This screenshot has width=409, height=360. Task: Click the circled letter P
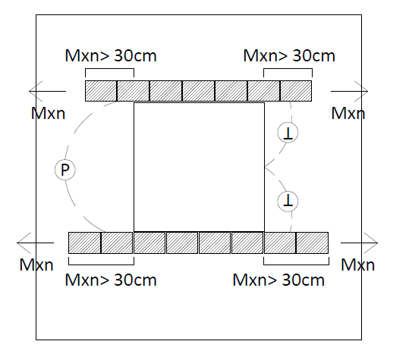[x=65, y=170]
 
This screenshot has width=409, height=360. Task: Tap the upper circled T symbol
[x=288, y=133]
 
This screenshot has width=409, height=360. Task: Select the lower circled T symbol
[x=288, y=202]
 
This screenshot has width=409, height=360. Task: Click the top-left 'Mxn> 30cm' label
[x=111, y=55]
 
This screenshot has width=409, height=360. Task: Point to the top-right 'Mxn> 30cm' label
[x=289, y=55]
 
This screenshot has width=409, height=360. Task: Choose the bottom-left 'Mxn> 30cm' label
[x=111, y=280]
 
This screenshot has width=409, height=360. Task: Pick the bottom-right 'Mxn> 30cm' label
[x=278, y=280]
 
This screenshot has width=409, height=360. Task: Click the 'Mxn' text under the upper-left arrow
[x=48, y=114]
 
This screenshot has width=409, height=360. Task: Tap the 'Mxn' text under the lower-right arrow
[x=358, y=265]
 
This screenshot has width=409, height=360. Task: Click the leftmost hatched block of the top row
[x=101, y=91]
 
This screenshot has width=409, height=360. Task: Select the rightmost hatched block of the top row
[x=296, y=91]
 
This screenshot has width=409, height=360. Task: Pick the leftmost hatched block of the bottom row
[x=84, y=243]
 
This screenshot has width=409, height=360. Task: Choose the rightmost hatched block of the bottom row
[x=312, y=243]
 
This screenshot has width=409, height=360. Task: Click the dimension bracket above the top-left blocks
[x=109, y=69]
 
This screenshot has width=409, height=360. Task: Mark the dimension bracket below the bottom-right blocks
[x=296, y=265]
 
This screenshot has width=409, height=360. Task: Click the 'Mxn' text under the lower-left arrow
[x=36, y=265]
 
